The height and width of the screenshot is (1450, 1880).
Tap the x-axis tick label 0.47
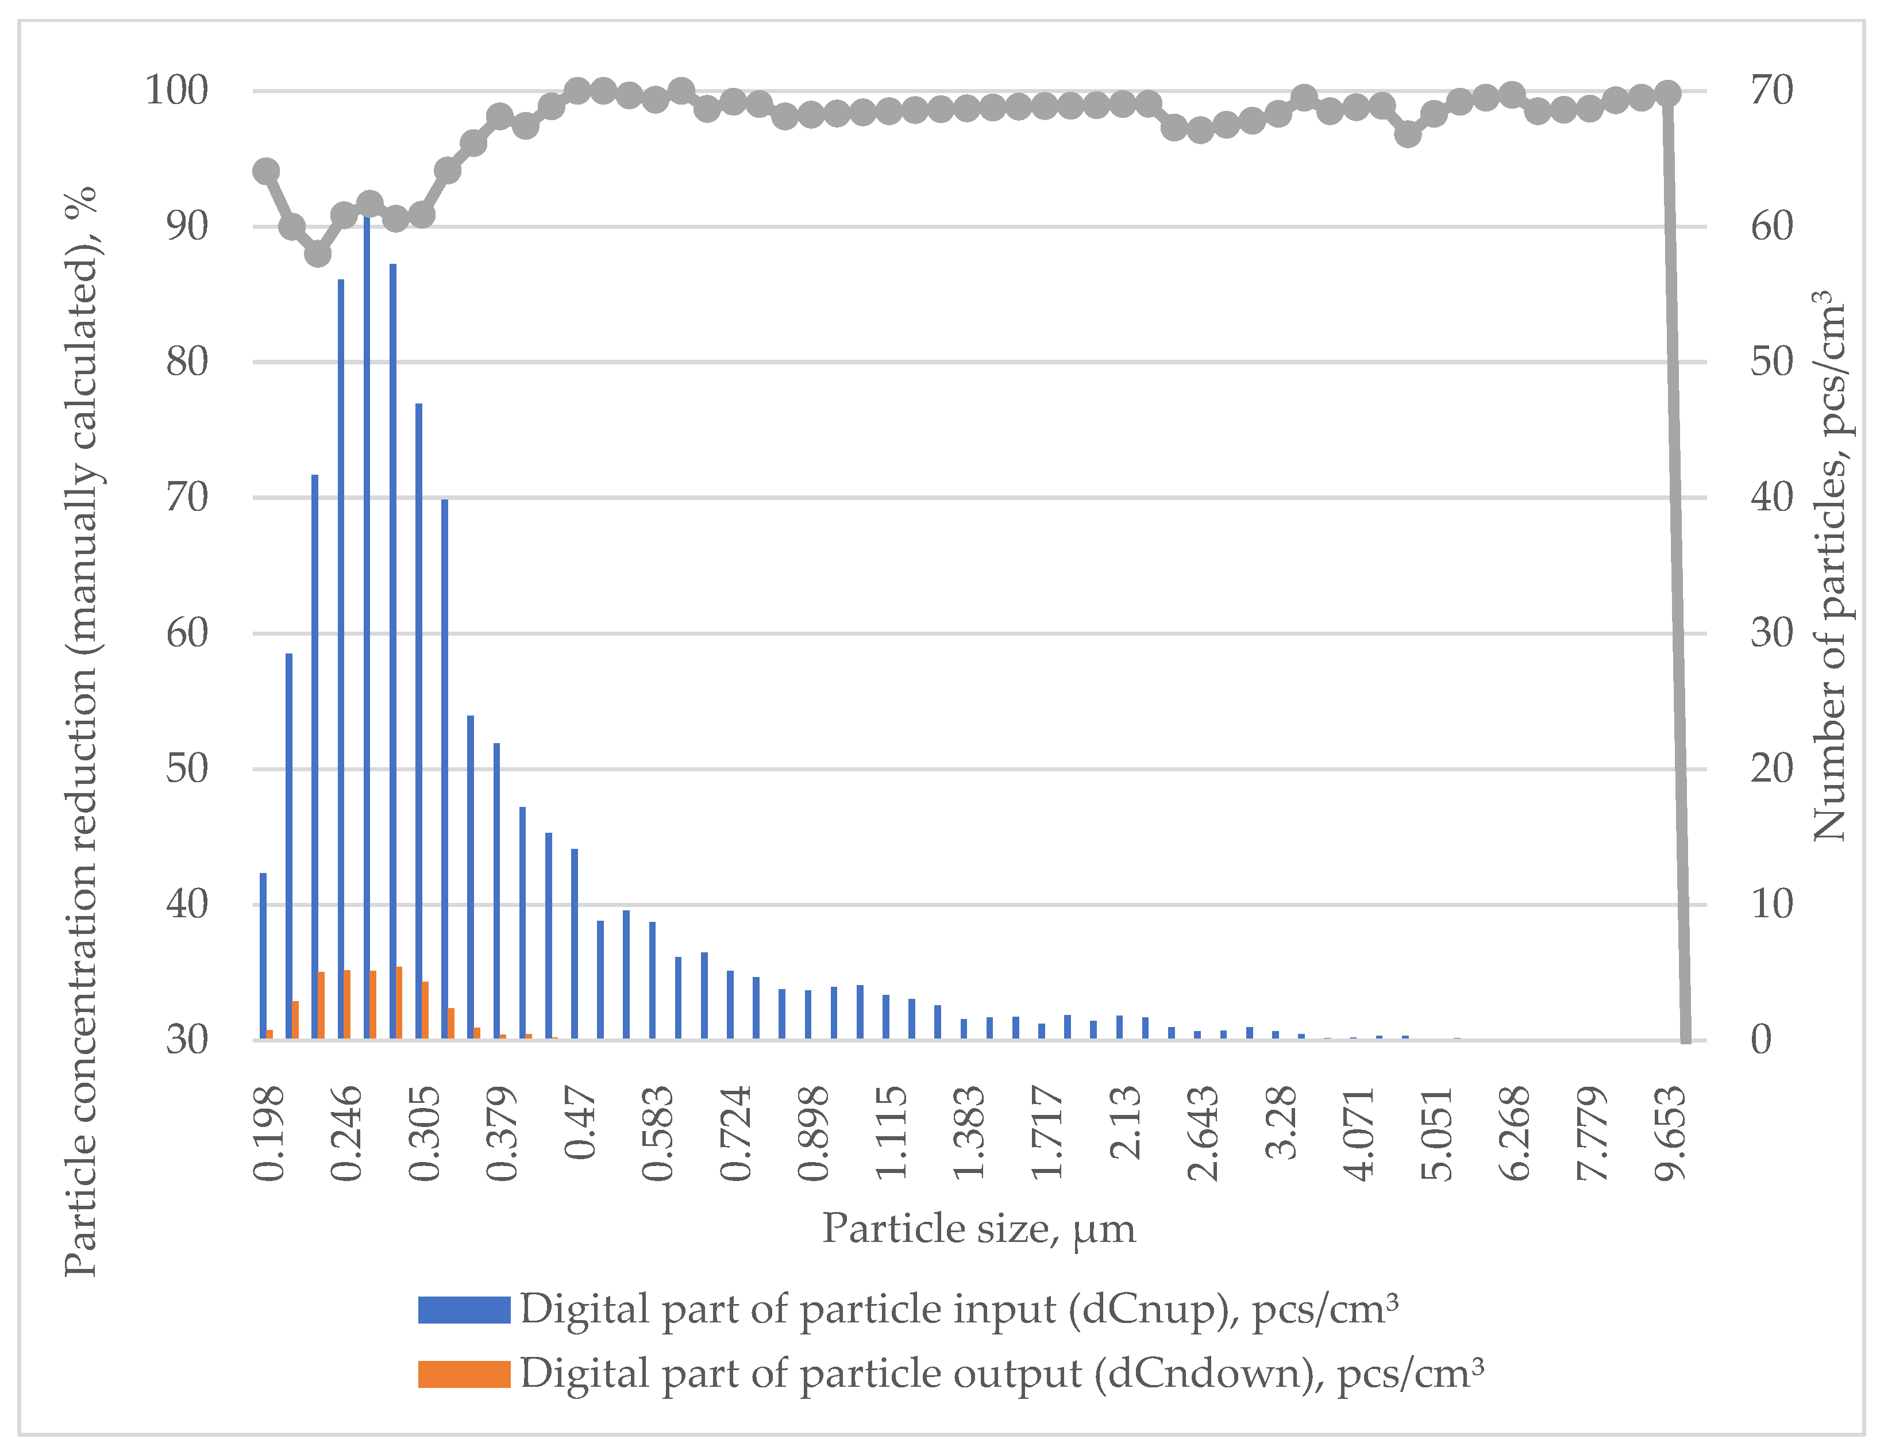pyautogui.click(x=581, y=1123)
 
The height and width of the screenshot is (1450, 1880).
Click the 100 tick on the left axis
pyautogui.click(x=176, y=90)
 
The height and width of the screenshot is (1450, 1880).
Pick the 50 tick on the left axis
pyautogui.click(x=187, y=769)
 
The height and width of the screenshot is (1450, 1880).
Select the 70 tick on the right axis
pyautogui.click(x=1771, y=90)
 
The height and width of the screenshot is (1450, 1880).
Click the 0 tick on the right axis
pyautogui.click(x=1761, y=1040)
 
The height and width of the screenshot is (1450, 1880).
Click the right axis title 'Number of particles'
pyautogui.click(x=1829, y=566)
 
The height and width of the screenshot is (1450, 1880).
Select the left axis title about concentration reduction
pyautogui.click(x=82, y=732)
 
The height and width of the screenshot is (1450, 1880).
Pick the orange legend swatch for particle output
pyautogui.click(x=464, y=1374)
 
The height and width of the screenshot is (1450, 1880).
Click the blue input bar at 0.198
pyautogui.click(x=263, y=956)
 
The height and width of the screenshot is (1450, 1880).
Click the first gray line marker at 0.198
pyautogui.click(x=266, y=171)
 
